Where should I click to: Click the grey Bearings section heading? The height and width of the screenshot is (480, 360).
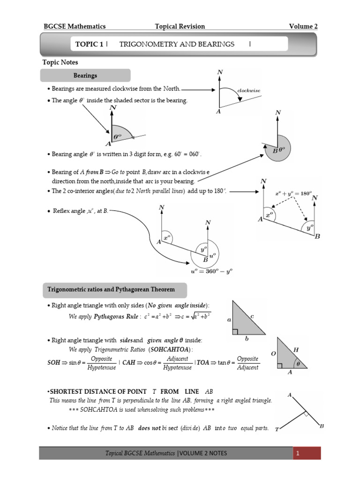click(x=85, y=75)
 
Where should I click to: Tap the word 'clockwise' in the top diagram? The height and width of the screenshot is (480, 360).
click(x=249, y=90)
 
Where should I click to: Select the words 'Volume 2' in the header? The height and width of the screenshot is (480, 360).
click(x=303, y=26)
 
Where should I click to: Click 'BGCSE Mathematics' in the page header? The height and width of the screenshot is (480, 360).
click(x=74, y=26)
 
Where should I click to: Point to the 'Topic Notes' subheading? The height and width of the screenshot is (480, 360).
click(x=60, y=62)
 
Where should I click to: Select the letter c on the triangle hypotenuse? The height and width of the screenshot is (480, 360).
click(x=252, y=317)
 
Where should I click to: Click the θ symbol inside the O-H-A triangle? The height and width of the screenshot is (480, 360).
click(x=297, y=363)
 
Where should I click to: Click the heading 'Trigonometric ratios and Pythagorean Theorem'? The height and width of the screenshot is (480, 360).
click(x=111, y=290)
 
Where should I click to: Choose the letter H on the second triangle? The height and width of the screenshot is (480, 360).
click(x=296, y=350)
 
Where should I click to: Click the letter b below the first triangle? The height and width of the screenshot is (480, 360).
click(x=247, y=338)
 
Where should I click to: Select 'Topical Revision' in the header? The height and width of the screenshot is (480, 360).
click(x=180, y=26)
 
